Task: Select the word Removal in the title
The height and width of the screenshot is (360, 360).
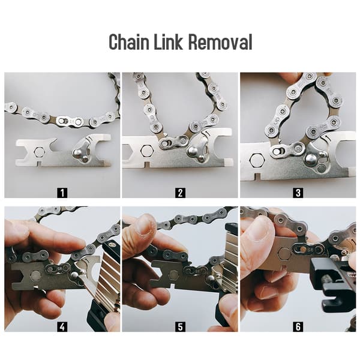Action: click(220, 42)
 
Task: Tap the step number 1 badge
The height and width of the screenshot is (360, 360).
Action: click(62, 193)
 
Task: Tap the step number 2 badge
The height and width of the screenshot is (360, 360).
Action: click(180, 193)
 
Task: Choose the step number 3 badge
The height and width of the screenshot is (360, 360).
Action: click(298, 193)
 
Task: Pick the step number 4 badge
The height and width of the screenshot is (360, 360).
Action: click(62, 326)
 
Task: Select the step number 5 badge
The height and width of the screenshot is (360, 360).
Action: click(180, 326)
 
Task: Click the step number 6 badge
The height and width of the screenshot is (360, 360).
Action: click(298, 326)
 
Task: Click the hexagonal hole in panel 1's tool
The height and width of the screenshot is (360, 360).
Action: click(39, 152)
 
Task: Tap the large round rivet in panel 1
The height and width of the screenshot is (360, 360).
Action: click(77, 152)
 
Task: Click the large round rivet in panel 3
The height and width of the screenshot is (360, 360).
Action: click(312, 159)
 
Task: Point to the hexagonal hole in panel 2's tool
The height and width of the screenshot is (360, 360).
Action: click(146, 151)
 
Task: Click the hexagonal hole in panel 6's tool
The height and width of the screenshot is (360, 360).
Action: click(284, 254)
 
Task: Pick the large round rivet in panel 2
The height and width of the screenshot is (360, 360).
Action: click(193, 151)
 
